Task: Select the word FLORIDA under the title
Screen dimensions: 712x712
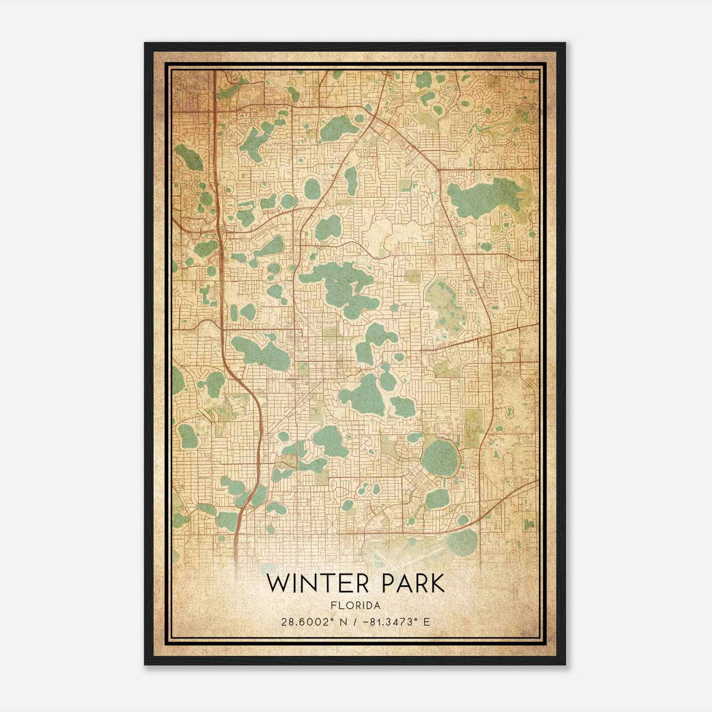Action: click(356, 606)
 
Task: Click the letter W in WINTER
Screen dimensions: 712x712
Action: click(278, 584)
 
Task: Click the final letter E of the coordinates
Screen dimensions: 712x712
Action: click(427, 622)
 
